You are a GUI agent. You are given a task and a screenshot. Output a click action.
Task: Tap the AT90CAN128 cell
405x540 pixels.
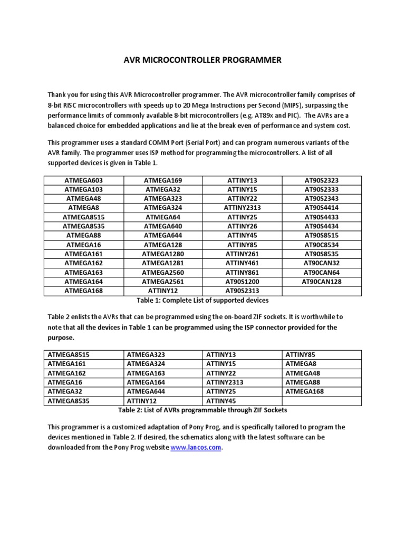tap(322, 281)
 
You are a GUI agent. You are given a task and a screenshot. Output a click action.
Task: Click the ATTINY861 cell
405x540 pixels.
tap(242, 272)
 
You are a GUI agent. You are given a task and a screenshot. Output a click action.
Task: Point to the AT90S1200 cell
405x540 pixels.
tap(242, 281)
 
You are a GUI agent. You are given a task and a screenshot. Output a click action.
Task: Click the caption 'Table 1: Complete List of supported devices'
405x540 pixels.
tap(202, 300)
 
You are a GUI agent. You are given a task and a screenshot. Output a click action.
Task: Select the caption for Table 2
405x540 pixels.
tap(202, 410)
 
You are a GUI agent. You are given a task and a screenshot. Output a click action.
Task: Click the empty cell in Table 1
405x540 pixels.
tap(322, 291)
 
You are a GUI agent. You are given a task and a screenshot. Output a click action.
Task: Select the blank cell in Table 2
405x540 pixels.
tap(322, 401)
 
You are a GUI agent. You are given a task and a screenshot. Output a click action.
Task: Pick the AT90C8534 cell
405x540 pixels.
tap(322, 244)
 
